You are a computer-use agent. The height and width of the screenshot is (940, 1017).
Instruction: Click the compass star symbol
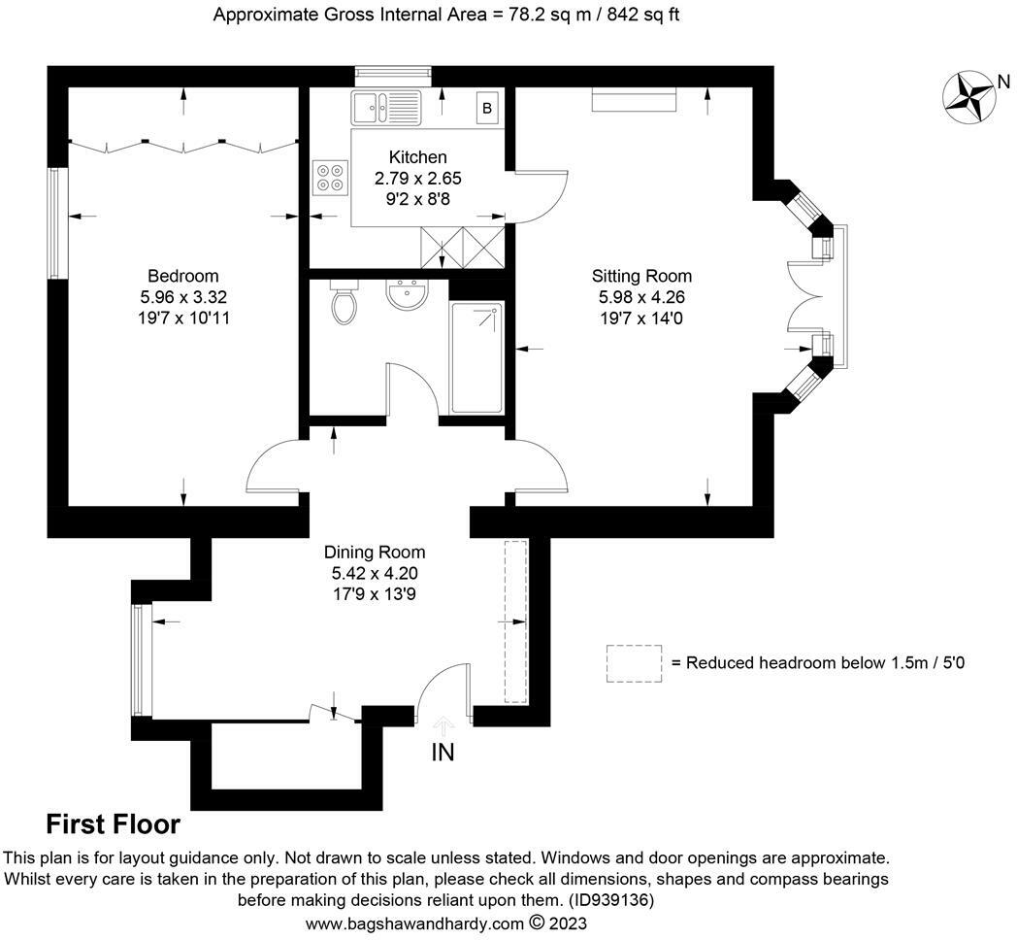(x=969, y=97)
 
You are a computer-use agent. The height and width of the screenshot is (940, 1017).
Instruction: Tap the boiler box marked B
(x=487, y=109)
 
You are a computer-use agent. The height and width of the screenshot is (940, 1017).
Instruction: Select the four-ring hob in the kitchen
(x=330, y=178)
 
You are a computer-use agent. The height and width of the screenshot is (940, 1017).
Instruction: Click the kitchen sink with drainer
(x=386, y=108)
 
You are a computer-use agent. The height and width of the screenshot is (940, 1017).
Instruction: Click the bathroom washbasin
(x=406, y=295)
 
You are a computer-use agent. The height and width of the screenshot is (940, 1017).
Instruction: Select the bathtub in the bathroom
(x=476, y=357)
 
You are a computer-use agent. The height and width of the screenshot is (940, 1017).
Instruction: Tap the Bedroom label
(x=182, y=276)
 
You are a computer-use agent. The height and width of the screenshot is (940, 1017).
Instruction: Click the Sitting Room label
(x=641, y=276)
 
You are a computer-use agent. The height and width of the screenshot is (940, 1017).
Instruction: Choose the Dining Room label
(x=375, y=553)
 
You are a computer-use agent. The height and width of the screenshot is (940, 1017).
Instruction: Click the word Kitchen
(x=417, y=157)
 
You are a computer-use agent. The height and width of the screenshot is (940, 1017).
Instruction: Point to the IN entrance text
(x=443, y=753)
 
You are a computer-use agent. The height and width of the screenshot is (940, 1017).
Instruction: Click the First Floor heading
(x=113, y=824)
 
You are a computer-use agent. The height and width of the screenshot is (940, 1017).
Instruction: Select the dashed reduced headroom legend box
(x=635, y=663)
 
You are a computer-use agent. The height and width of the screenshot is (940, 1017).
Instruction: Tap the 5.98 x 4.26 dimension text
(x=641, y=297)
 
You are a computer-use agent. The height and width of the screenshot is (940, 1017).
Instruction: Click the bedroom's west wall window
(x=57, y=224)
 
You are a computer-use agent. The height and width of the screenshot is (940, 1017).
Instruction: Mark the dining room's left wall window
(x=141, y=660)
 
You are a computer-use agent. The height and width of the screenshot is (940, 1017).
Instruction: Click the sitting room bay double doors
(x=805, y=297)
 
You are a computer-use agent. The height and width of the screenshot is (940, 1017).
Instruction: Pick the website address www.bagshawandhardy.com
(x=414, y=923)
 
